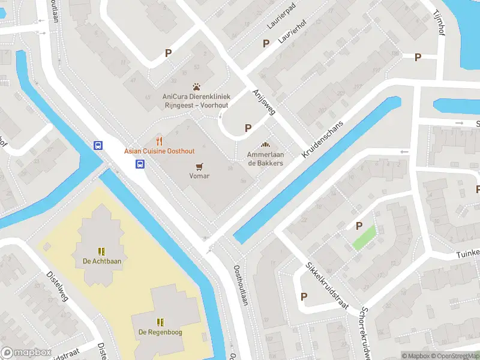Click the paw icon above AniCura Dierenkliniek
pos(196,86)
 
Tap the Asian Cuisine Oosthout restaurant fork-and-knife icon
pos(159,141)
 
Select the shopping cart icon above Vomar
pos(199,166)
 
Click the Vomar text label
pos(199,176)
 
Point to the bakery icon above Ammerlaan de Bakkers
pos(265,145)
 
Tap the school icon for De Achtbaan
pos(102,251)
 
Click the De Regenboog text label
pos(160,332)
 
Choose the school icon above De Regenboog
pos(160,322)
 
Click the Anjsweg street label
pos(263,101)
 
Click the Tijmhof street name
pos(442,17)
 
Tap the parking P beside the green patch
pos(359,226)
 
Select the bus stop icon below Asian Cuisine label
pos(140,164)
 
